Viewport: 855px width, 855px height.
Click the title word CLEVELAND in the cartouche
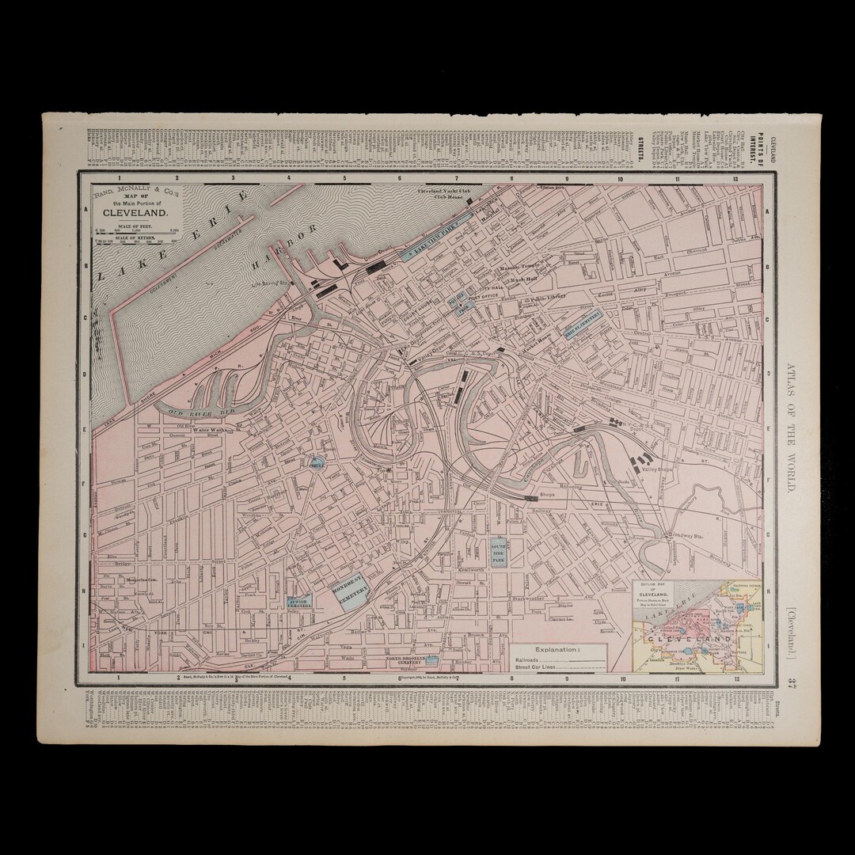(x=135, y=213)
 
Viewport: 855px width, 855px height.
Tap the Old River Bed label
(x=195, y=412)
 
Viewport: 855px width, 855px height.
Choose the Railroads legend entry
(x=529, y=658)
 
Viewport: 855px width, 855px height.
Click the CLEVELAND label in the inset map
(x=682, y=638)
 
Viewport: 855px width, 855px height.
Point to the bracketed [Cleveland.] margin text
(x=792, y=629)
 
